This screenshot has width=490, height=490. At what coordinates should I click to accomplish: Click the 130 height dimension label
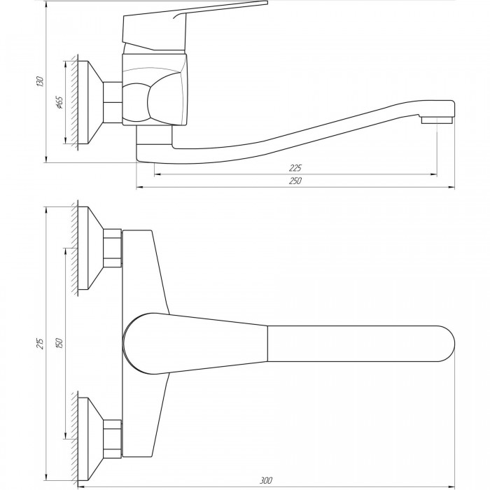[41, 80]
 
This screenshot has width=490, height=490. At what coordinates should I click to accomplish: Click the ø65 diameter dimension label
[59, 102]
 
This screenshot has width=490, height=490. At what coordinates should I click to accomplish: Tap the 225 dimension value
[295, 168]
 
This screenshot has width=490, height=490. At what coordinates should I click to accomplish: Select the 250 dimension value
[295, 181]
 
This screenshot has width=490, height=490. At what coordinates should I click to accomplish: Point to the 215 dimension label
[41, 343]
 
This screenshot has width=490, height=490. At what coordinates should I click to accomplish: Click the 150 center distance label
[59, 343]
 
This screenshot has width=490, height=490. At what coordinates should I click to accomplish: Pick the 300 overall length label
[266, 480]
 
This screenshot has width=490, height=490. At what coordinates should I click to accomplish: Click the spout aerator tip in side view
[437, 120]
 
